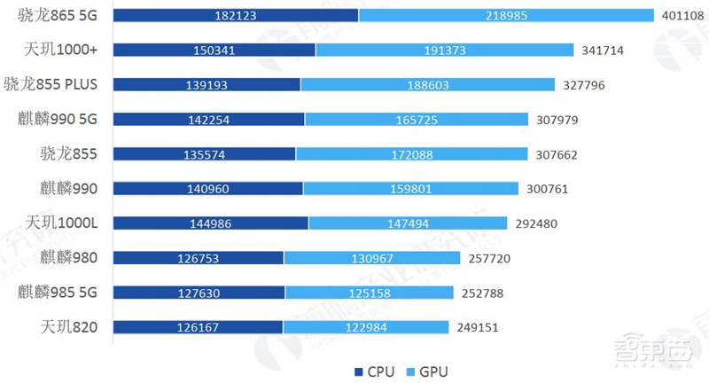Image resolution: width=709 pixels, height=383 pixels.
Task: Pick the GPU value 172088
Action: (x=410, y=153)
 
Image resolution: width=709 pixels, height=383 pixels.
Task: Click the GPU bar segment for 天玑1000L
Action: (x=408, y=223)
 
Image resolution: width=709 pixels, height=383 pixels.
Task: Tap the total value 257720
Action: (x=489, y=258)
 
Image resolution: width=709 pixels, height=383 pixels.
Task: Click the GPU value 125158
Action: (x=370, y=293)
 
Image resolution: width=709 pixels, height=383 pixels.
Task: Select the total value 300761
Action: (x=547, y=188)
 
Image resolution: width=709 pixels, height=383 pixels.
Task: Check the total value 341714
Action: (x=603, y=51)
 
